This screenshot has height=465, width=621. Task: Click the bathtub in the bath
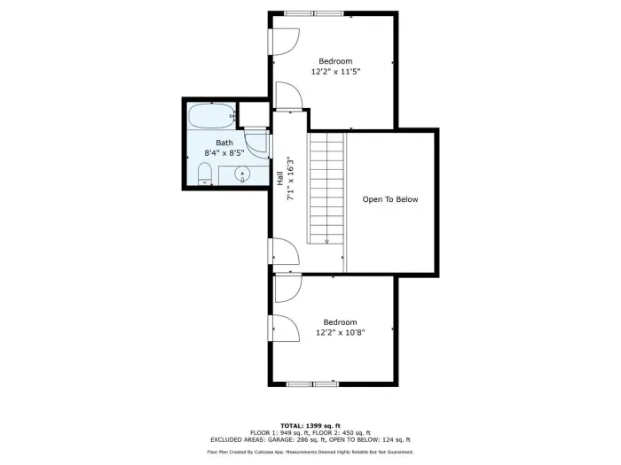click(211, 115)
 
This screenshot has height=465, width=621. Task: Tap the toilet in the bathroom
click(205, 174)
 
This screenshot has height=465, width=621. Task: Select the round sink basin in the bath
click(241, 174)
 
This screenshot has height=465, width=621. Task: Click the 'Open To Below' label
click(390, 199)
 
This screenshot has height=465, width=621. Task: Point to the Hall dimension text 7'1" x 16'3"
click(291, 178)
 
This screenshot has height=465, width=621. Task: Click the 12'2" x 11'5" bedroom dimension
click(335, 72)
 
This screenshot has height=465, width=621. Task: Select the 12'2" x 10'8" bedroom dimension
click(340, 332)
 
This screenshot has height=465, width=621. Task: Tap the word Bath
click(224, 143)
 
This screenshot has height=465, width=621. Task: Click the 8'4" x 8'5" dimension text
click(224, 152)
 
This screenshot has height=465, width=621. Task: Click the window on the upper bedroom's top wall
click(314, 14)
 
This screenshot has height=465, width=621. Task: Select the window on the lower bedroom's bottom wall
click(312, 384)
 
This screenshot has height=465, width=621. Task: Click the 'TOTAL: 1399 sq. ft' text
click(310, 426)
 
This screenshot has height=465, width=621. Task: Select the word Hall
click(280, 178)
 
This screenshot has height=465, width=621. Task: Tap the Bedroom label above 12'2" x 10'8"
click(340, 322)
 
